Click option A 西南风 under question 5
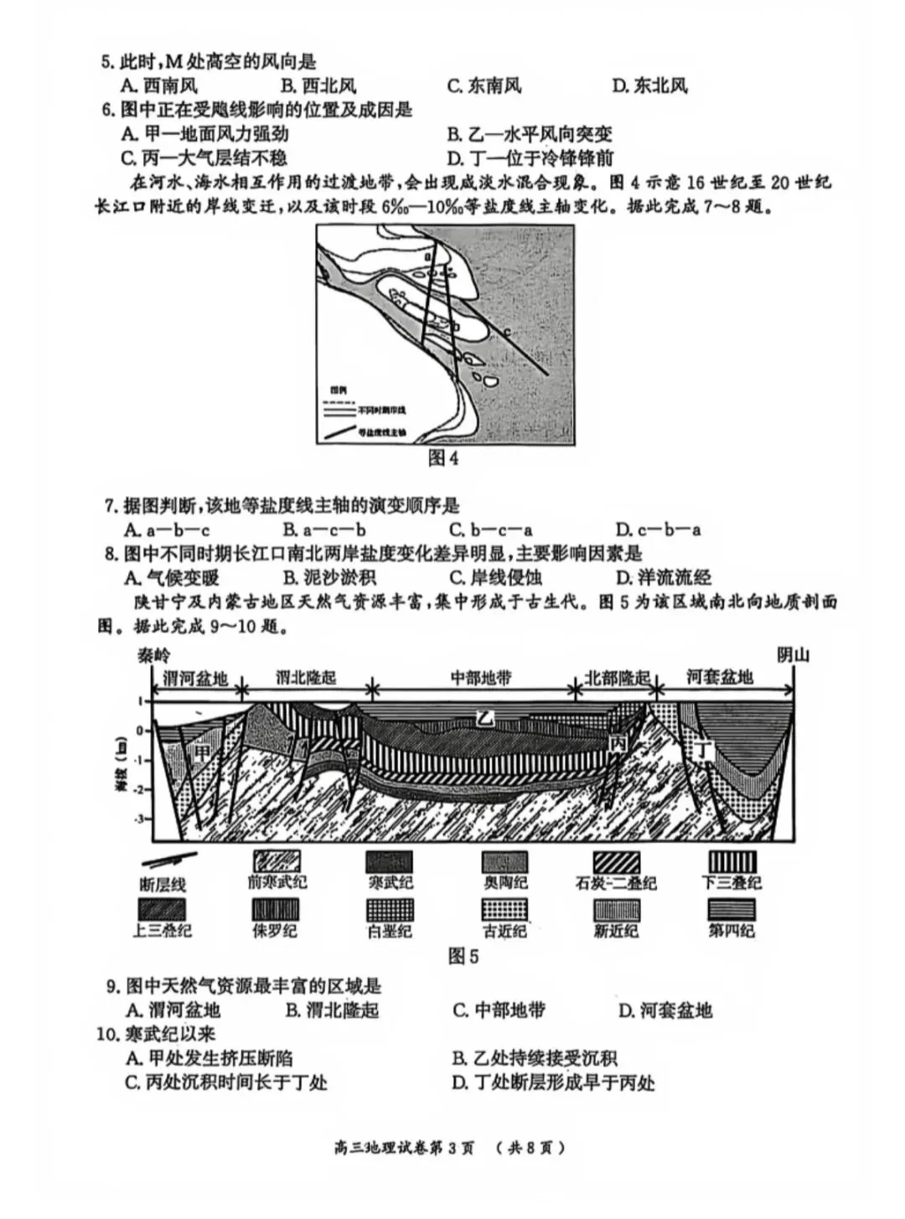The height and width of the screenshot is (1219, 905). tap(159, 85)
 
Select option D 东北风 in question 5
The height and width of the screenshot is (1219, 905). tap(649, 85)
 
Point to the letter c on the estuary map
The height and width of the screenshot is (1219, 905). tap(507, 332)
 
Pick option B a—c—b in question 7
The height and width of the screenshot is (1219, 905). tap(323, 529)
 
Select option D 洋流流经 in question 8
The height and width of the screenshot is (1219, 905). tap(663, 577)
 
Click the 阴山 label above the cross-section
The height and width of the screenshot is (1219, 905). tap(792, 655)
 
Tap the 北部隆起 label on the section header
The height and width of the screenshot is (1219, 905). tap(617, 678)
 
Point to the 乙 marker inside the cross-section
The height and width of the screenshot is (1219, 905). tap(484, 718)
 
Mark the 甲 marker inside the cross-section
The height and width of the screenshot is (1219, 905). tap(202, 752)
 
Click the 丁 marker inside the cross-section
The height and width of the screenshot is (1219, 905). tap(704, 751)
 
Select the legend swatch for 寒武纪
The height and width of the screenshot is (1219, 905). tap(389, 863)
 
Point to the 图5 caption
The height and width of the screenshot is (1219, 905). tap(463, 956)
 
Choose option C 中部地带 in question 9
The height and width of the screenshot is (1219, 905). tap(499, 1010)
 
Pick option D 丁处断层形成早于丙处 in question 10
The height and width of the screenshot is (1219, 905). tap(553, 1082)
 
